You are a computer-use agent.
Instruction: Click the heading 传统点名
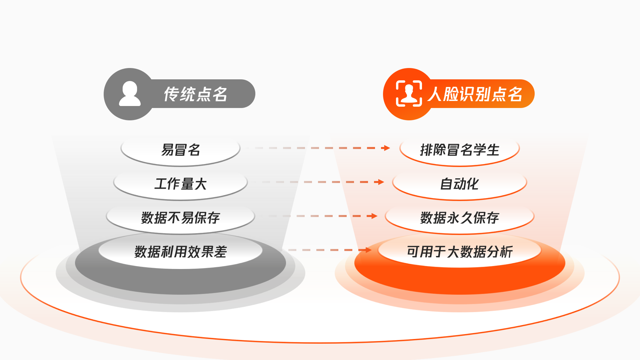[196, 94]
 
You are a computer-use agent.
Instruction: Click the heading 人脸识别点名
[475, 94]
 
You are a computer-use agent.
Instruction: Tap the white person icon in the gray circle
[130, 94]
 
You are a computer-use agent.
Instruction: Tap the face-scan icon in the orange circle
[409, 94]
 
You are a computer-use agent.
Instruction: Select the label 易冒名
[181, 150]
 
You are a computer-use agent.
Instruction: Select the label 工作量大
[181, 184]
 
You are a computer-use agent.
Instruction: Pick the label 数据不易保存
[181, 218]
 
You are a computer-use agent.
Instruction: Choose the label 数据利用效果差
[181, 252]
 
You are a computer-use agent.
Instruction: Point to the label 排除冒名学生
[460, 150]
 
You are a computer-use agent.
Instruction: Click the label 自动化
[460, 184]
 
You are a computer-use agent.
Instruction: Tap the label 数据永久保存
[460, 218]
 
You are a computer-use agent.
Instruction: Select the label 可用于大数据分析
[460, 252]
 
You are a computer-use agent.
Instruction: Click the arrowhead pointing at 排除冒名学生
[387, 148]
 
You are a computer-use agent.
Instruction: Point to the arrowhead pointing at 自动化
[381, 182]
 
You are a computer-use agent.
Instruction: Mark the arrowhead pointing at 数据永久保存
[374, 216]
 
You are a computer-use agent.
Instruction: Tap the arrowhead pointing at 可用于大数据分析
[368, 250]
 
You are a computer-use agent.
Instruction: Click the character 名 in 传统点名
[220, 94]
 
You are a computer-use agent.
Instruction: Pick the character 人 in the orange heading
[435, 94]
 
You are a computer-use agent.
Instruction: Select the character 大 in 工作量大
[201, 184]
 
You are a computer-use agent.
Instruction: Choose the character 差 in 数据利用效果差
[221, 252]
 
